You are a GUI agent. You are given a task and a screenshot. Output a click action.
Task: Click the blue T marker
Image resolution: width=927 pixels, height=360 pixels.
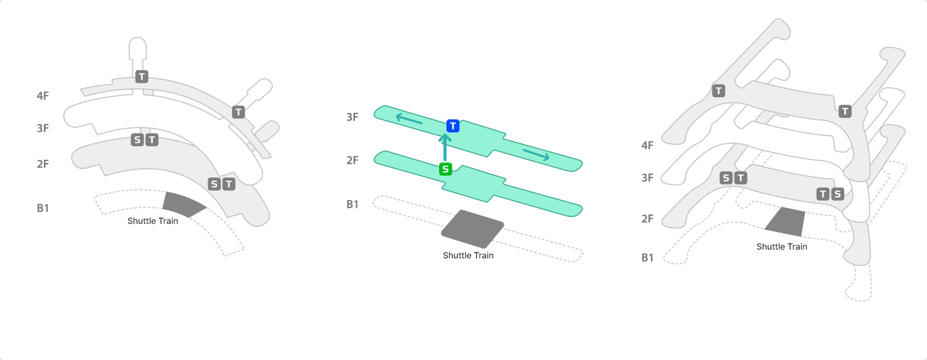[453, 126]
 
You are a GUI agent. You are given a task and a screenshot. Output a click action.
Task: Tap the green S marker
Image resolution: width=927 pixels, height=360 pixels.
[445, 169]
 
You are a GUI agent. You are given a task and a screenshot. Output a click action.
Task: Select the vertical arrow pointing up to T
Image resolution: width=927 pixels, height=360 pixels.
[445, 147]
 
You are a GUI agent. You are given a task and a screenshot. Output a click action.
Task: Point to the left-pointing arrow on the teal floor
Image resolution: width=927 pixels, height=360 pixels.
[409, 119]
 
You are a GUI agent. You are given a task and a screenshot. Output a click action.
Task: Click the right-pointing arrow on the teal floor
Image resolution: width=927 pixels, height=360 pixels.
[536, 155]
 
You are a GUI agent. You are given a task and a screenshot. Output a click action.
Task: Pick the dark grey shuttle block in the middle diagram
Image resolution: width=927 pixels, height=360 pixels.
[472, 229]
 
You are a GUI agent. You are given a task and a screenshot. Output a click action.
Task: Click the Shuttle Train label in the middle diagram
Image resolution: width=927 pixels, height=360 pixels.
[468, 255]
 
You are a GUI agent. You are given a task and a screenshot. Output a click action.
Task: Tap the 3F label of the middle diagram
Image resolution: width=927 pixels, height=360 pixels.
[352, 117]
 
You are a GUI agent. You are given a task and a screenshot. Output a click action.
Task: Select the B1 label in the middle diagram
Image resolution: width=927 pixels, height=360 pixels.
[352, 204]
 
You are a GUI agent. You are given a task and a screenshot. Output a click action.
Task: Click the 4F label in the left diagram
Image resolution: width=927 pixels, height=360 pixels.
[43, 96]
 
